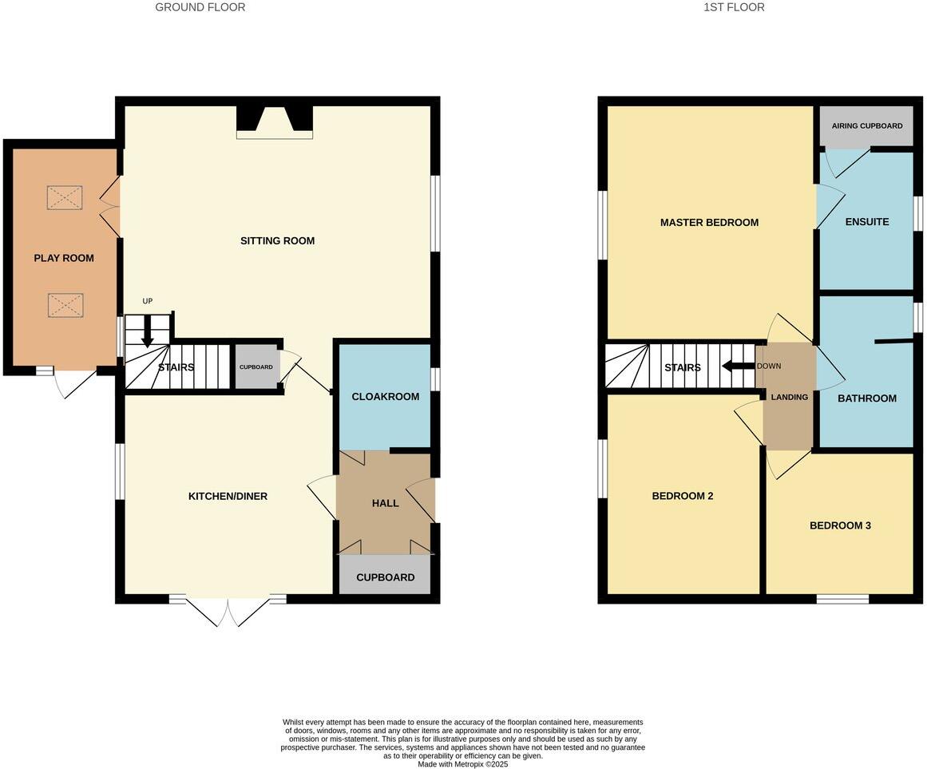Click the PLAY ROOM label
[64, 258]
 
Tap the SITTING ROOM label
[277, 240]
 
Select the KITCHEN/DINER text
[228, 496]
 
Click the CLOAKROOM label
[386, 396]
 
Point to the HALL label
[385, 503]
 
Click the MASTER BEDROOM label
[709, 222]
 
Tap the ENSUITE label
[866, 221]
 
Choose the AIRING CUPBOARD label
[867, 126]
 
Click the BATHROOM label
[866, 398]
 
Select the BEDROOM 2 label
[683, 495]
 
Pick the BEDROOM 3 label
[840, 525]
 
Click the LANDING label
[789, 397]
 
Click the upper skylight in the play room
[65, 197]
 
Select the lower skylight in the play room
[65, 305]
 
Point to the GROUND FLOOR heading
[200, 7]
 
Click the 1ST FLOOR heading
[734, 7]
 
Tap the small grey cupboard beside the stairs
[256, 367]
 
